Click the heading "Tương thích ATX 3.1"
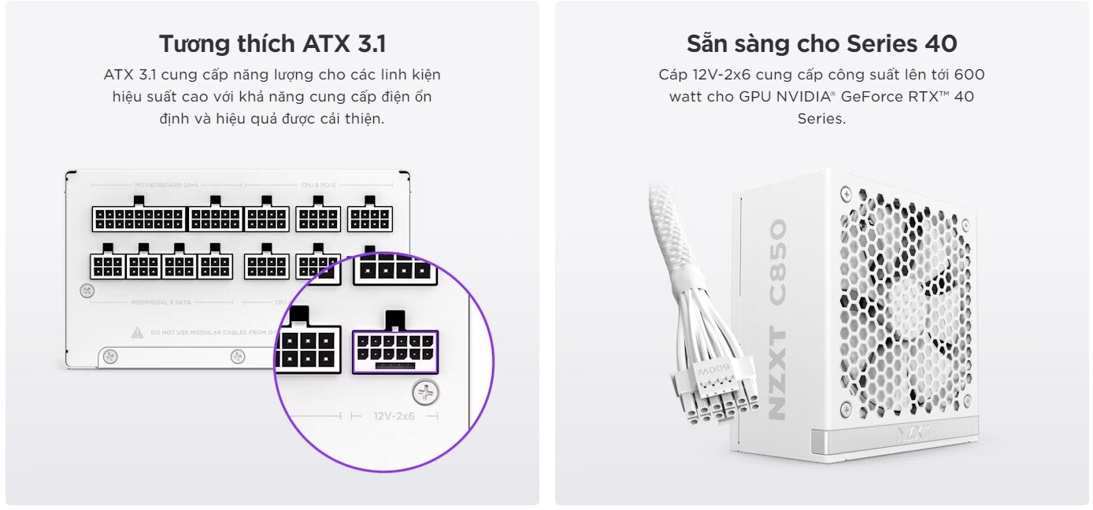tap(272, 44)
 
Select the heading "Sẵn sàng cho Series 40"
tap(821, 44)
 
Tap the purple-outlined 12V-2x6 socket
tap(395, 351)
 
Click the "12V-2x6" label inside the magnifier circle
tap(394, 415)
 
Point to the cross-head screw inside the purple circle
tap(426, 393)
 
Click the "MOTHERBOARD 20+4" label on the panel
tap(165, 186)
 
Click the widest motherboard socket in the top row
tap(139, 218)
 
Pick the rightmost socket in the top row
tap(369, 218)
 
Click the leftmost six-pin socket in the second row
tap(107, 266)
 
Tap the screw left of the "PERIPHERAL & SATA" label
tap(88, 290)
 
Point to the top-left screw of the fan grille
tap(846, 192)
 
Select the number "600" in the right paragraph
tap(969, 75)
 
